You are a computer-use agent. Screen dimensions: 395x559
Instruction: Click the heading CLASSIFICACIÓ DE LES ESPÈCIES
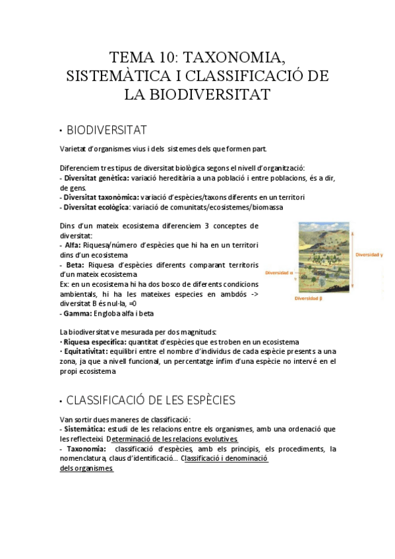pos(150,401)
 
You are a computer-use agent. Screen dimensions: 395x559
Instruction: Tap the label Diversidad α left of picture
pos(280,272)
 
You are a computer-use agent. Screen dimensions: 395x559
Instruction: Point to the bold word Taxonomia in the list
pos(82,449)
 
